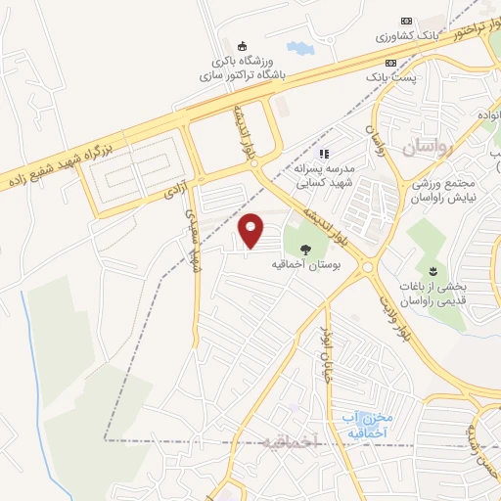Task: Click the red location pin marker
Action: (x=252, y=230)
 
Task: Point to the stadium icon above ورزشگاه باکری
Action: (x=242, y=45)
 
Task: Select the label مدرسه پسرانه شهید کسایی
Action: (x=330, y=175)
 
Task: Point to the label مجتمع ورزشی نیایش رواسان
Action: (x=446, y=192)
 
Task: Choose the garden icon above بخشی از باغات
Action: (x=431, y=269)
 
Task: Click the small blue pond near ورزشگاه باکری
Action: (x=297, y=46)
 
